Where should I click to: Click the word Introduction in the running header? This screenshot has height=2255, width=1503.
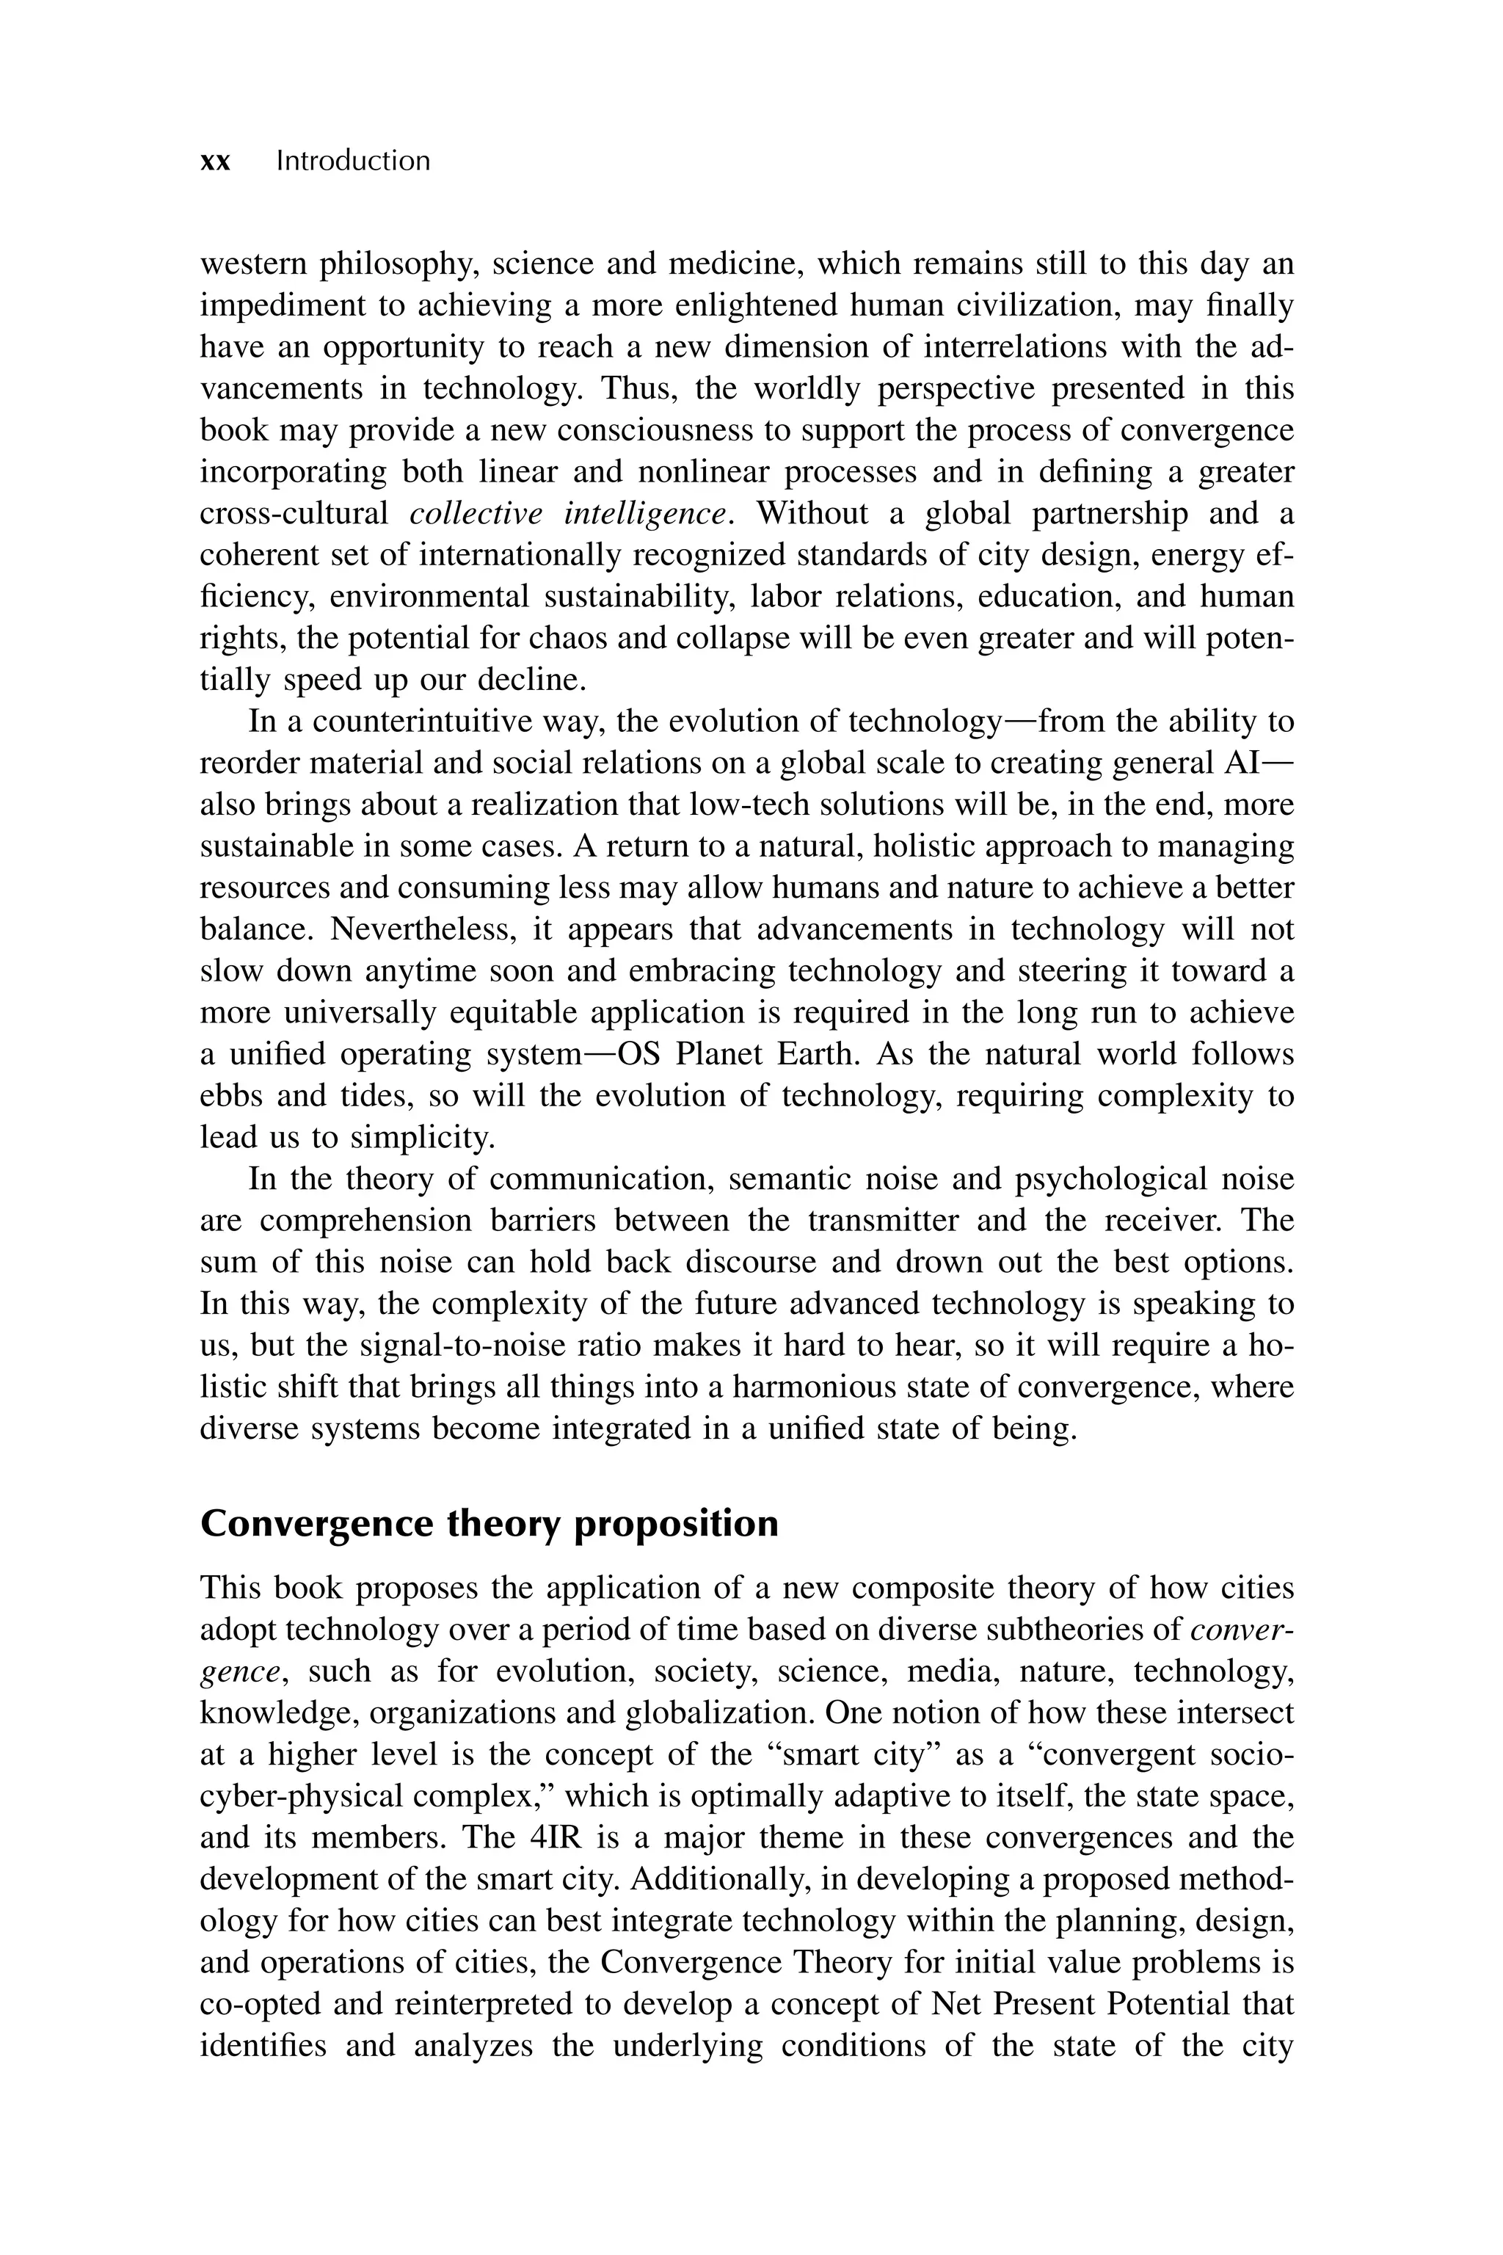point(353,161)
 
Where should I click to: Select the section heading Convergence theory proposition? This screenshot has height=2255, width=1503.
point(489,1523)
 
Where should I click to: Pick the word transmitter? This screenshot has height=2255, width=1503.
point(883,1221)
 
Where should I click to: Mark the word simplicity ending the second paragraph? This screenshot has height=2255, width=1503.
point(422,1137)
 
